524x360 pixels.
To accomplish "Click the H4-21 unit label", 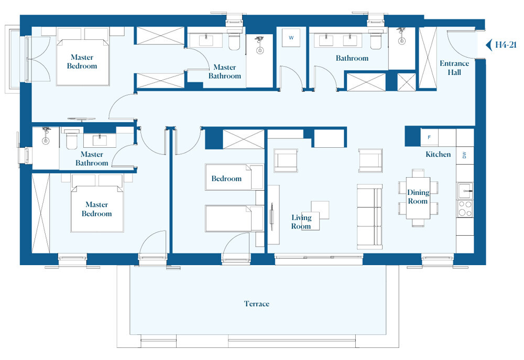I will pyautogui.click(x=506, y=45).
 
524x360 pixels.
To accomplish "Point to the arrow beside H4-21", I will pyautogui.click(x=489, y=45).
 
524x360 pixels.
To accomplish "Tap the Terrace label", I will pyautogui.click(x=256, y=304).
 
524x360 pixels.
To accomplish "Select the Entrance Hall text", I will pyautogui.click(x=454, y=68).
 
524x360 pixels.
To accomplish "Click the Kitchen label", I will pyautogui.click(x=438, y=155).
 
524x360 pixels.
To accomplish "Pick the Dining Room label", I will pyautogui.click(x=418, y=197).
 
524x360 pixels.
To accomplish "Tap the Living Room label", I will pyautogui.click(x=301, y=222).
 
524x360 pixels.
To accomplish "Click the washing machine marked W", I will pyautogui.click(x=291, y=38).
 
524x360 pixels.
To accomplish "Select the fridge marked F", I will pyautogui.click(x=429, y=138).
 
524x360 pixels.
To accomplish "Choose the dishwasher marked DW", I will pyautogui.click(x=464, y=155).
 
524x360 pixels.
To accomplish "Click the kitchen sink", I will pyautogui.click(x=464, y=190).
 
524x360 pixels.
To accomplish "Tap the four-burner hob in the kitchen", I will pyautogui.click(x=464, y=209).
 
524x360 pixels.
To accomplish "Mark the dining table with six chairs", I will pyautogui.click(x=418, y=198).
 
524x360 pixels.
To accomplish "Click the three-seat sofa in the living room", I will pyautogui.click(x=369, y=216).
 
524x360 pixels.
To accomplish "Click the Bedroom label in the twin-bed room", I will pyautogui.click(x=226, y=179).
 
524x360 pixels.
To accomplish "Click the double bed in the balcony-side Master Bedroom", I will pyautogui.click(x=82, y=62).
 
